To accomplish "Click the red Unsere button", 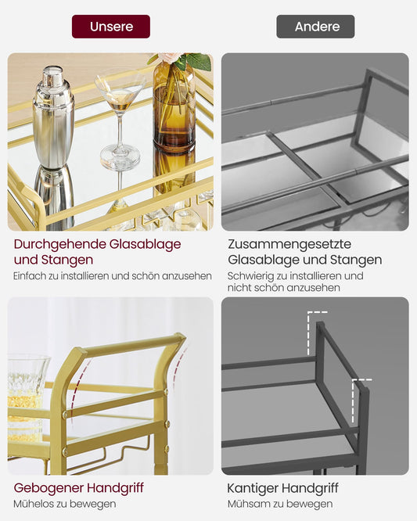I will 111,27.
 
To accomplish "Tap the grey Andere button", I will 315,27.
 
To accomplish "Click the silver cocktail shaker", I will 53,117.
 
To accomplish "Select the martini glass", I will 120,117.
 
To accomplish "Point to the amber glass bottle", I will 174,110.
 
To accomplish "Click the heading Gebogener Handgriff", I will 78,488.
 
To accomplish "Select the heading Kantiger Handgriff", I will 282,488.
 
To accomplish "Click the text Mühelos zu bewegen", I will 65,504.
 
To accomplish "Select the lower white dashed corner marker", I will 360,386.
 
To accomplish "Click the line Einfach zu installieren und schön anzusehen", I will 113,275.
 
